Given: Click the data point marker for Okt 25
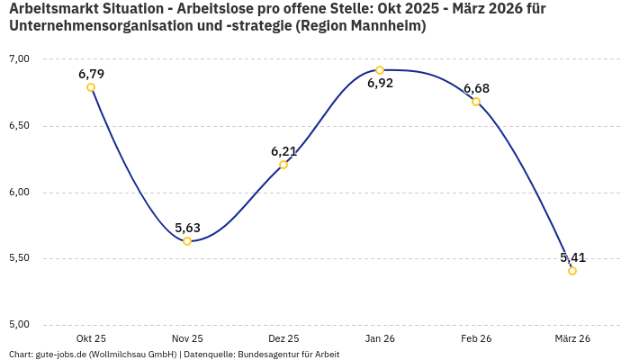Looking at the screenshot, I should point(91,87).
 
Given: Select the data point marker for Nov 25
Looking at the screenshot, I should point(187,241).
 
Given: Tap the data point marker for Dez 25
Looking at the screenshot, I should point(283,165).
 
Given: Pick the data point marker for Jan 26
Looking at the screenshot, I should point(380,70).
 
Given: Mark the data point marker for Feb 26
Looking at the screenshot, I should point(476,102).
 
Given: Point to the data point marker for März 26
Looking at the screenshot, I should point(572,271).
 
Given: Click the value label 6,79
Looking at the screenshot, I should point(91,73).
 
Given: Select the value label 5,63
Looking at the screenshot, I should point(187,227).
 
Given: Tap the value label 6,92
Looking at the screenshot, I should point(380,84).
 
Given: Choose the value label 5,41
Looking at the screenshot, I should point(573,257).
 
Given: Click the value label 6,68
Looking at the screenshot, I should point(476,87).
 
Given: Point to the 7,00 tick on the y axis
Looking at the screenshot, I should point(20,59).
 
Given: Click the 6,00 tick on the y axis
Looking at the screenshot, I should point(20,193).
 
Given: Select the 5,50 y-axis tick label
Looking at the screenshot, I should point(20,258).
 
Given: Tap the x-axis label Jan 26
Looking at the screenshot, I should point(380,338).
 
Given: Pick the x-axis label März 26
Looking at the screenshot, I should point(572,338).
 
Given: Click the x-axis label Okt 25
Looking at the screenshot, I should point(91,338).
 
